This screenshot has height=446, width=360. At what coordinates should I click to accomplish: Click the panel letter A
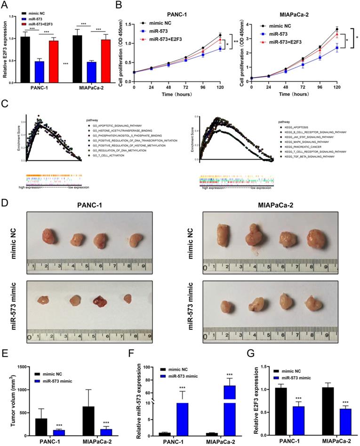coord(5,5)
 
